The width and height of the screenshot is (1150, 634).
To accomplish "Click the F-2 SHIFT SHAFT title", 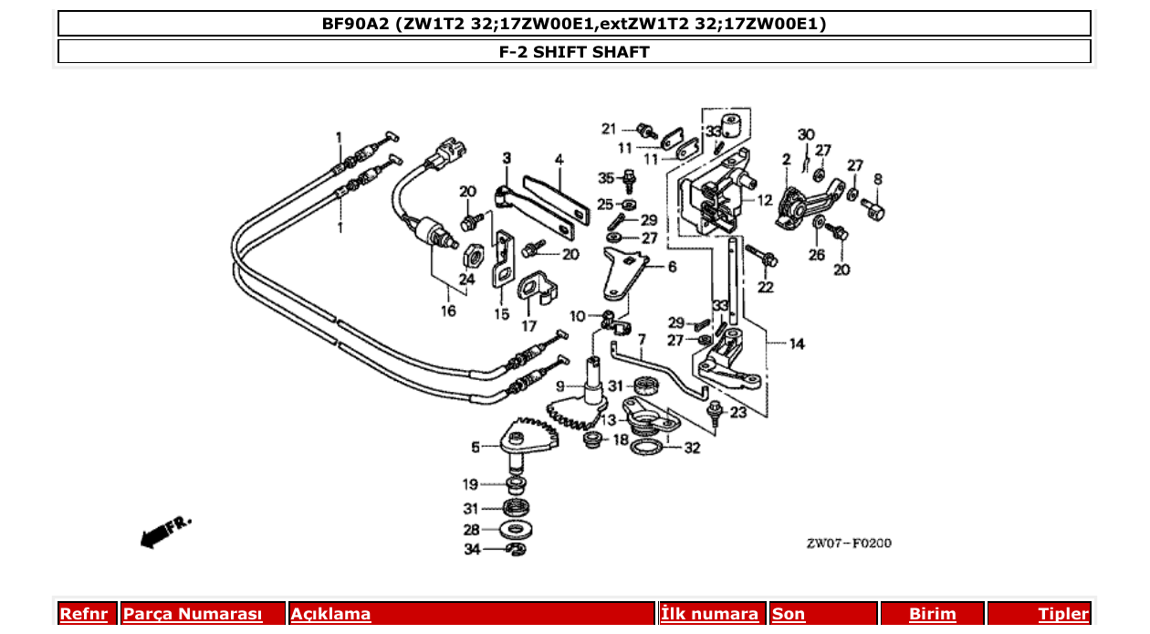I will pos(574,51).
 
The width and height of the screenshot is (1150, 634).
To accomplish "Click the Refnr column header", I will pos(83,614).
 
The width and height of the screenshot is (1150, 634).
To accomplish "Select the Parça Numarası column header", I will pos(192,614).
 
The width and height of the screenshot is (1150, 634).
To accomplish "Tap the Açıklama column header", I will pos(330,614).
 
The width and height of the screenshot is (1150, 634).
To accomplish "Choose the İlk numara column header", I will pos(709,614).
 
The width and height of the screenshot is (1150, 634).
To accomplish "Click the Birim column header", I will pos(932,614).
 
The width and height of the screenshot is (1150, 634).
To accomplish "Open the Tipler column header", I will pos(1063,614).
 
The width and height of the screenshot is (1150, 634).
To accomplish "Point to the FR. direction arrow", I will pos(164,531).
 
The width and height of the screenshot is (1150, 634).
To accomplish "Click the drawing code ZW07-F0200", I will pos(848,544).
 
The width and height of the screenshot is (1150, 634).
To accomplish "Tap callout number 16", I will pos(448,312).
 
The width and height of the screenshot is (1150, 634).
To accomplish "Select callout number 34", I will pos(471,549).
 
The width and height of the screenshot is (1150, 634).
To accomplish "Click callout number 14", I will pos(797,344).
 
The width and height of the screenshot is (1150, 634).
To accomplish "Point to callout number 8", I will pos(878,179).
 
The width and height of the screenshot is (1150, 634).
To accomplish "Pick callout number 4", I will pos(559,159).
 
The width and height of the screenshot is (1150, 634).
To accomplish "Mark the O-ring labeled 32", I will pos(648,449).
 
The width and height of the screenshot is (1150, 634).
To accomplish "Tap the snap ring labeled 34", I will pos(517,548).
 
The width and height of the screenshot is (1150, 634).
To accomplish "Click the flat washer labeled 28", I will pos(518,529).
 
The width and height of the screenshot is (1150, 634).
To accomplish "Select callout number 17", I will pos(529,325).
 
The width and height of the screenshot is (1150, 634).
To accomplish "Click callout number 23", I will pos(737,412).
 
